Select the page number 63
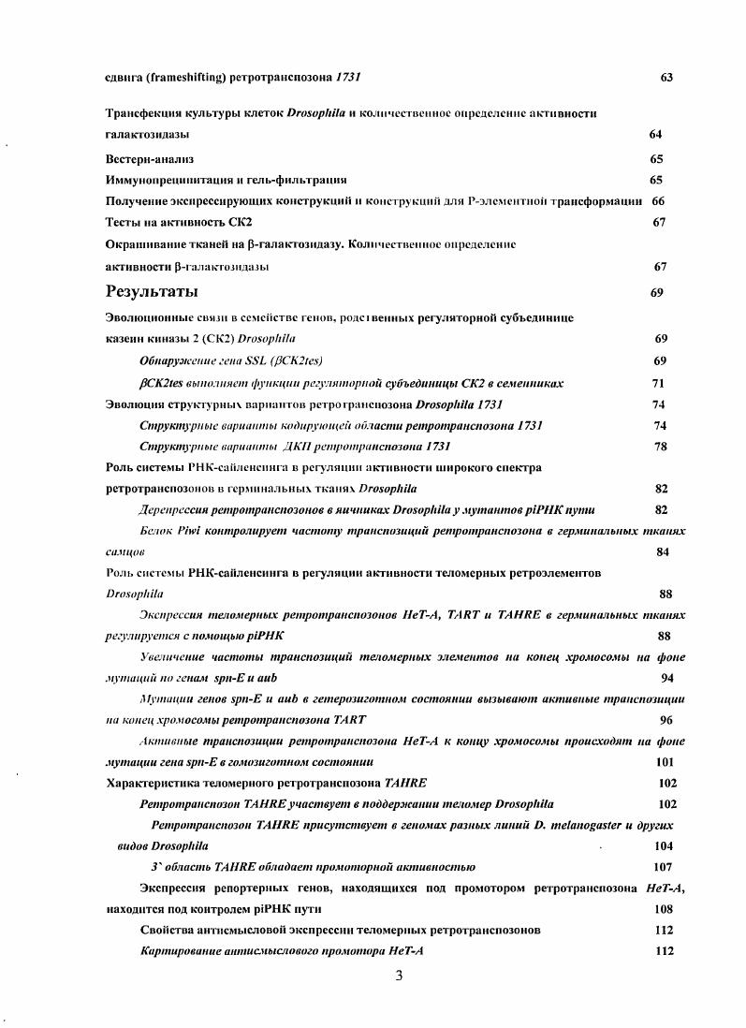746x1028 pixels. pos(666,78)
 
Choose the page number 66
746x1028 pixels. pos(658,201)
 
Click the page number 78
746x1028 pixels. pos(659,447)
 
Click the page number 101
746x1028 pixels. pos(666,761)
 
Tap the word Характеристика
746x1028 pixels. pos(156,783)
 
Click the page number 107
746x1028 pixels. pos(663,867)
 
